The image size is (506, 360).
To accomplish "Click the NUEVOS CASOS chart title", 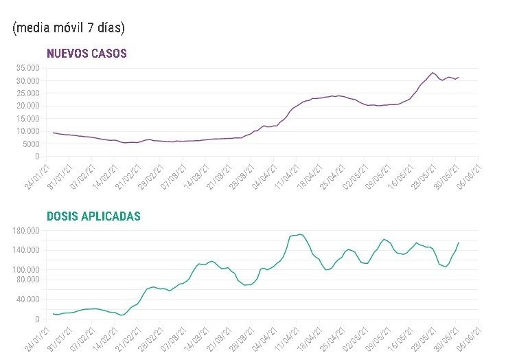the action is tap(87, 54).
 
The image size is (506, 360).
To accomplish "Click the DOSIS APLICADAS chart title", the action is tap(93, 216).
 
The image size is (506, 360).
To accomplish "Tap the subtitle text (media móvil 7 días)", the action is tap(69, 27).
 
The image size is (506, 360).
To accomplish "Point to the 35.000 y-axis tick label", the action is tap(27, 68).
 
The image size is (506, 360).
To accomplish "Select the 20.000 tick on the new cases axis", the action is tap(27, 106).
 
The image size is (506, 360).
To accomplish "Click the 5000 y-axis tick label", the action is tap(31, 144).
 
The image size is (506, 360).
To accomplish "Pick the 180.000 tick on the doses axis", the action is tap(26, 231).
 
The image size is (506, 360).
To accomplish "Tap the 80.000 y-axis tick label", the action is tap(27, 280).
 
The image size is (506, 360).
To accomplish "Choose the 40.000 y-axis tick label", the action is tap(27, 300).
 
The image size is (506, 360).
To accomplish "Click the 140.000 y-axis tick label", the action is tap(26, 250).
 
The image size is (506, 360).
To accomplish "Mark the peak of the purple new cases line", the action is tap(433, 73).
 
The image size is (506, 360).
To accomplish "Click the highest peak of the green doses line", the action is tap(300, 234).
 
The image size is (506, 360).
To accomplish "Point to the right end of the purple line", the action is tap(459, 77).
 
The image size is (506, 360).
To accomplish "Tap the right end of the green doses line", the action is tap(459, 243).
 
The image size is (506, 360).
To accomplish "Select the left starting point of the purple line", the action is tap(54, 133).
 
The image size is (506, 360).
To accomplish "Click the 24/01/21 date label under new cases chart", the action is tap(38, 177).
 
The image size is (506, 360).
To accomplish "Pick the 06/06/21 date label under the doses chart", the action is tap(469, 339).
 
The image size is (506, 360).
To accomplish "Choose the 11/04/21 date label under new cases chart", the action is tap(287, 177).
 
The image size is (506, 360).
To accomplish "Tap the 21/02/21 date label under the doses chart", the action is tap(128, 339).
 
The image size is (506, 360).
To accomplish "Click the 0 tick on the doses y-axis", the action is tap(37, 319).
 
